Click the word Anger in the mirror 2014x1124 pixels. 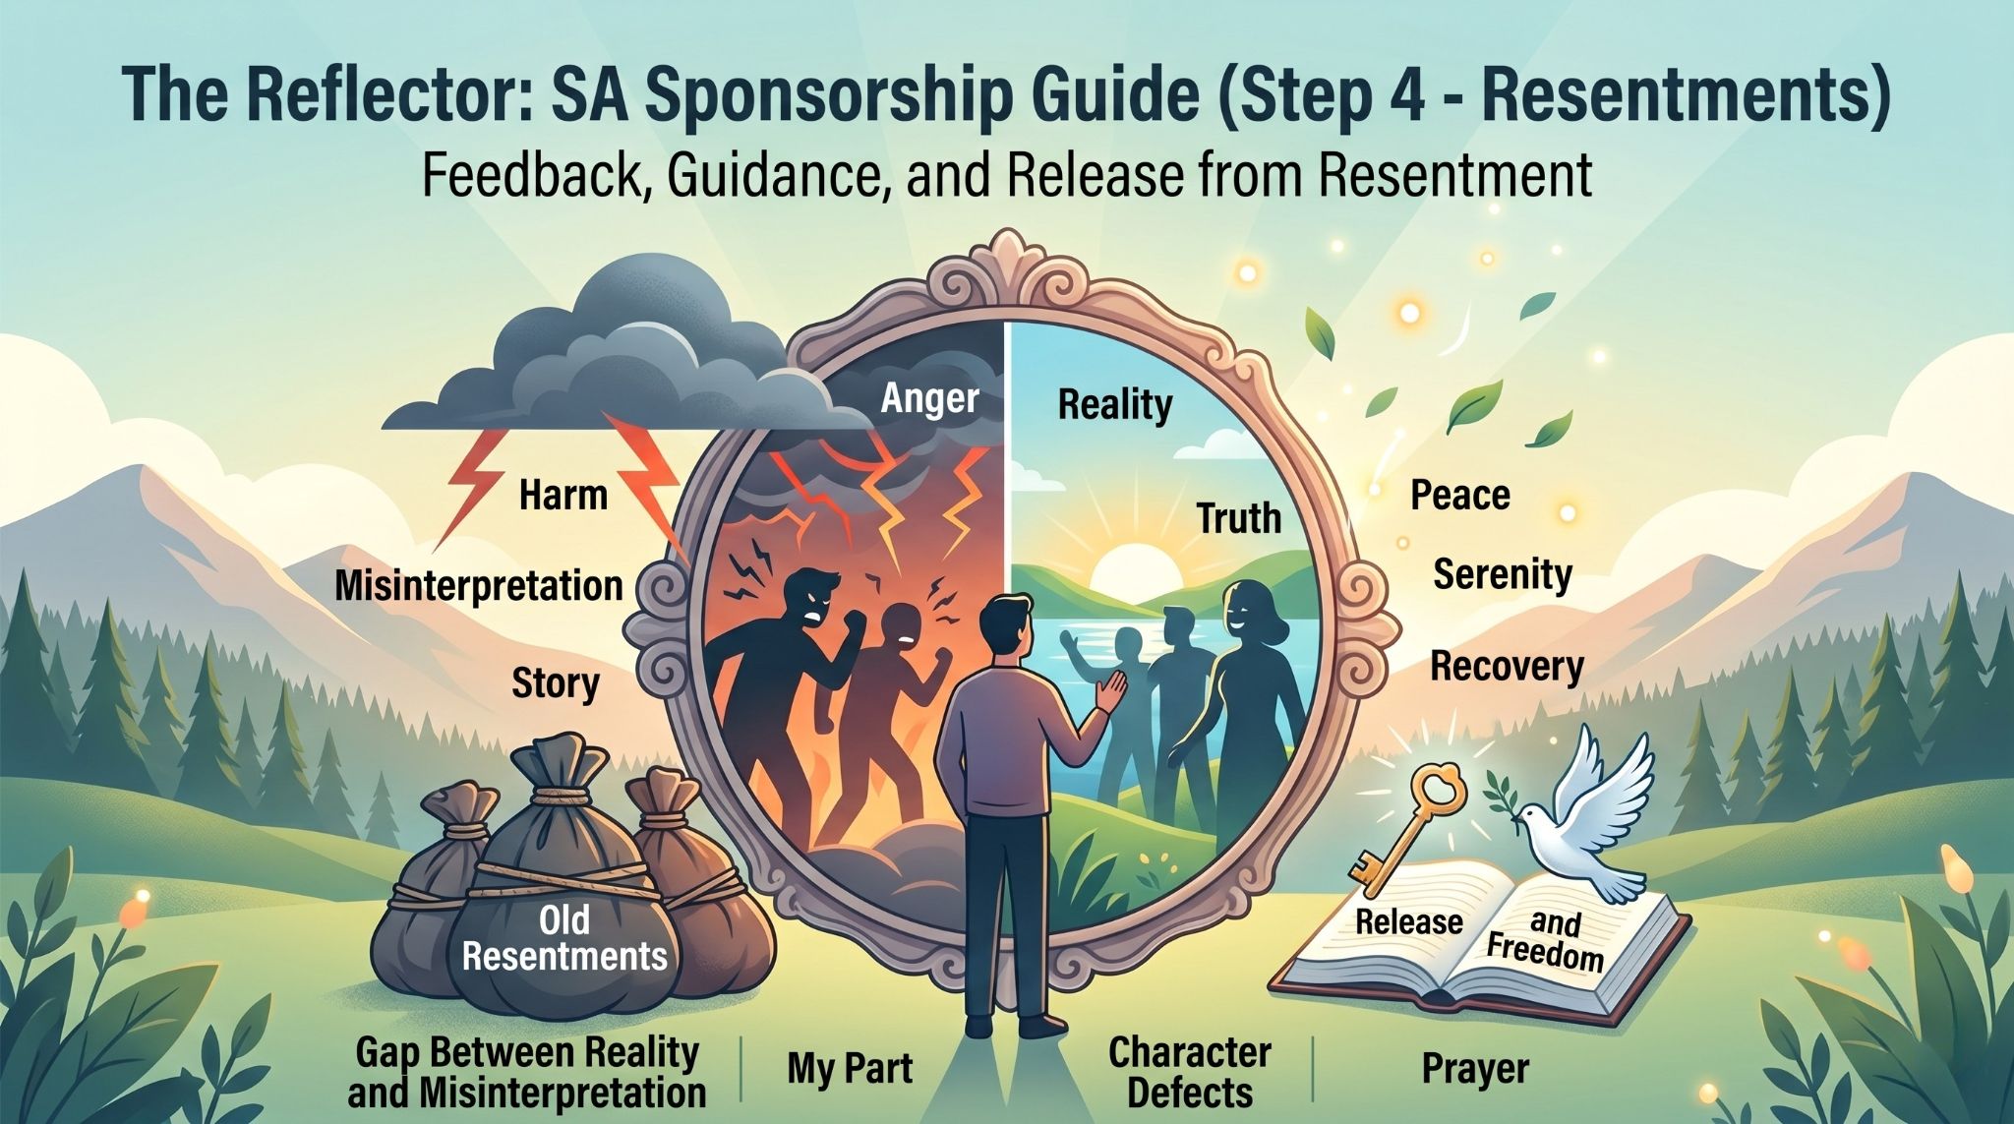click(x=929, y=400)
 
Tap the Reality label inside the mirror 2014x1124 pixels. click(x=1115, y=405)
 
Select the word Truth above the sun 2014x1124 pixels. click(x=1239, y=518)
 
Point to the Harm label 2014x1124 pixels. click(x=563, y=495)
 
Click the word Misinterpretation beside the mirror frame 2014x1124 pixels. click(x=479, y=586)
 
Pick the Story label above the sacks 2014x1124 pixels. click(x=556, y=682)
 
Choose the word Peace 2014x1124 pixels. click(x=1460, y=495)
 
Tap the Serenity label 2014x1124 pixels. click(x=1503, y=574)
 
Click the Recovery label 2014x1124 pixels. click(x=1507, y=667)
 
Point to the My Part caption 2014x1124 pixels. click(x=850, y=1069)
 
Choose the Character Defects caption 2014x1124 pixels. click(x=1190, y=1072)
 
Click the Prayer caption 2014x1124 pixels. click(x=1475, y=1069)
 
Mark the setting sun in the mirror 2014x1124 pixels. click(x=1136, y=568)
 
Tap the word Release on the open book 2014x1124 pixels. click(x=1409, y=921)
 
